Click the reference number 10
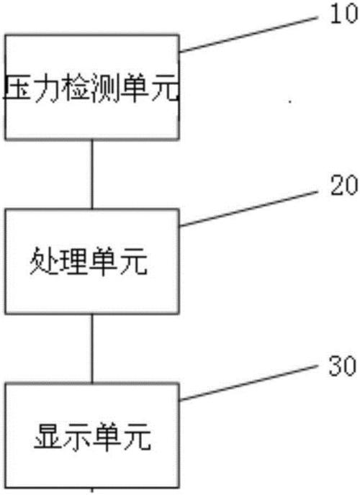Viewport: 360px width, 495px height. click(x=344, y=14)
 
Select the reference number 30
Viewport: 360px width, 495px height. click(x=343, y=366)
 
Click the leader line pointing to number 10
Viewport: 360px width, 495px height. click(x=248, y=35)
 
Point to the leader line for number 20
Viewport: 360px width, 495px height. click(x=248, y=209)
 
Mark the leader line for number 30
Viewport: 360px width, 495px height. click(x=248, y=383)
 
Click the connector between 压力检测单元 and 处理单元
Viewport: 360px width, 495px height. click(x=92, y=174)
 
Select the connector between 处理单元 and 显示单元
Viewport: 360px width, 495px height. click(x=92, y=348)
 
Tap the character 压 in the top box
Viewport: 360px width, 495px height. click(x=19, y=88)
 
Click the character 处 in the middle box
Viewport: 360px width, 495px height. click(x=44, y=261)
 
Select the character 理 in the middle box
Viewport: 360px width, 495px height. click(x=73, y=261)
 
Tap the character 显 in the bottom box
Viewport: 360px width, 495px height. click(x=48, y=436)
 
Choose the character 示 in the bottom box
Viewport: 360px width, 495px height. click(x=78, y=436)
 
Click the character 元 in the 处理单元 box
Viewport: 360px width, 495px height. click(x=133, y=261)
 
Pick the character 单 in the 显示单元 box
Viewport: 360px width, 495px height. click(x=107, y=436)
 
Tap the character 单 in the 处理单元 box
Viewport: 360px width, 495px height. click(x=103, y=261)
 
